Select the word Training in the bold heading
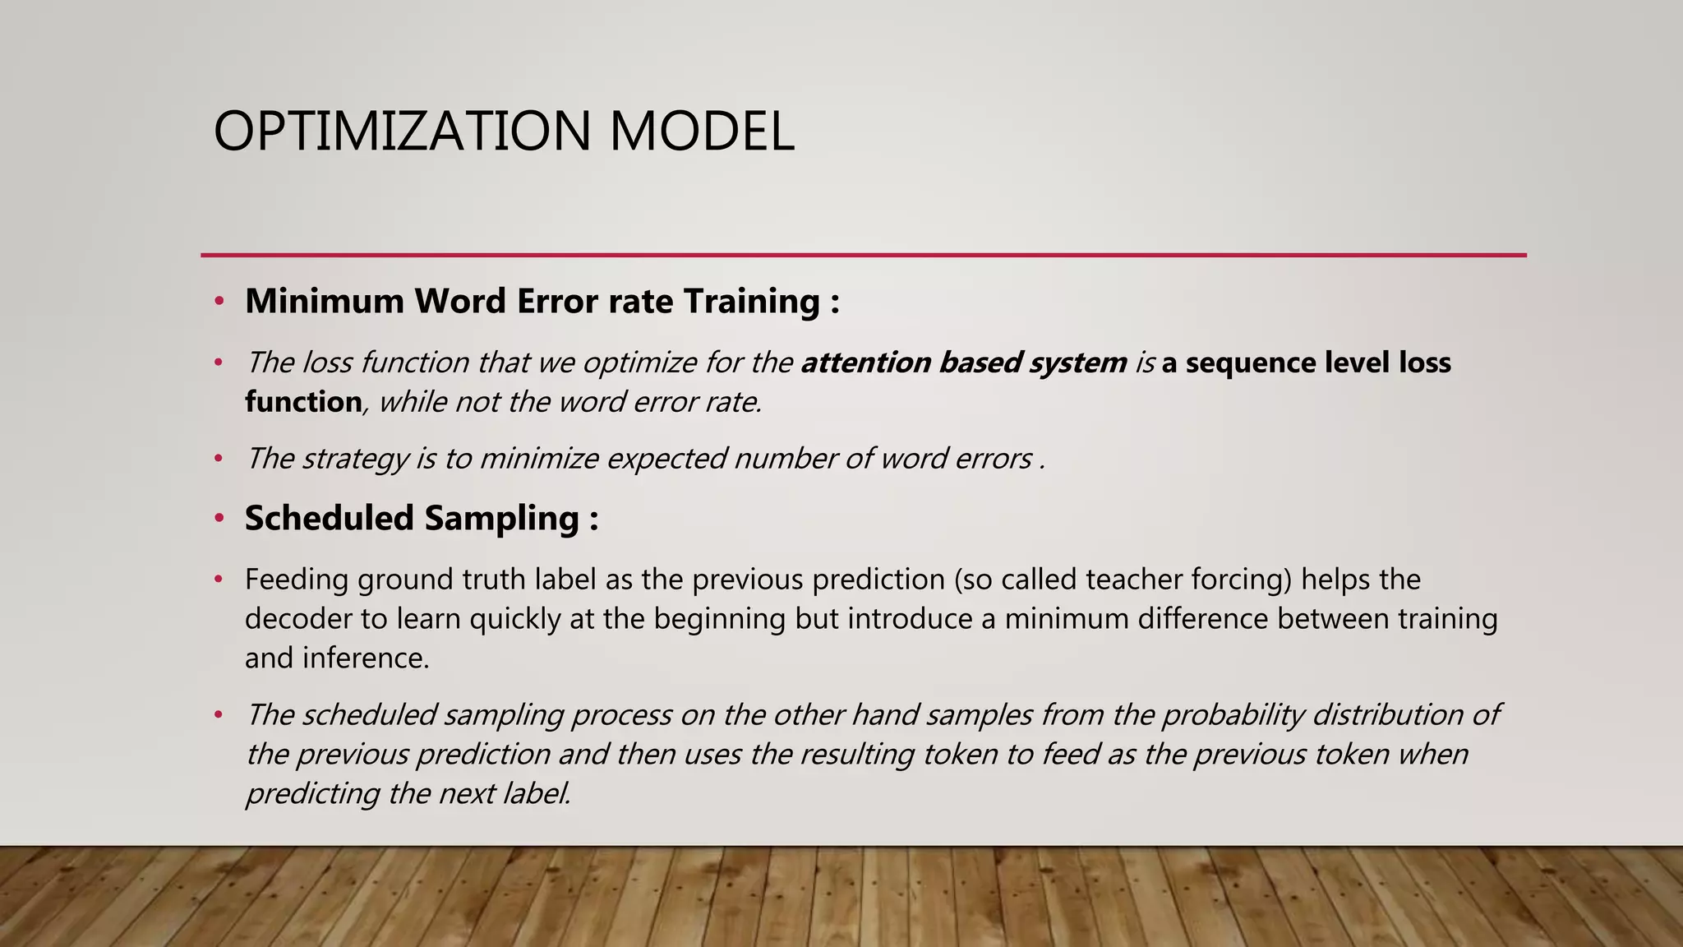point(751,301)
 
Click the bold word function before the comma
point(302,402)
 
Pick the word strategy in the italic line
point(355,459)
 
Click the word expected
point(666,459)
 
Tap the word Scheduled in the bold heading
point(329,518)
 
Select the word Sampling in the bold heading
point(501,518)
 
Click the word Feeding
point(296,580)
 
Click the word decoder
point(297,619)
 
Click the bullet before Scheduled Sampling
point(219,519)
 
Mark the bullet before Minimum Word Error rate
point(219,302)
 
